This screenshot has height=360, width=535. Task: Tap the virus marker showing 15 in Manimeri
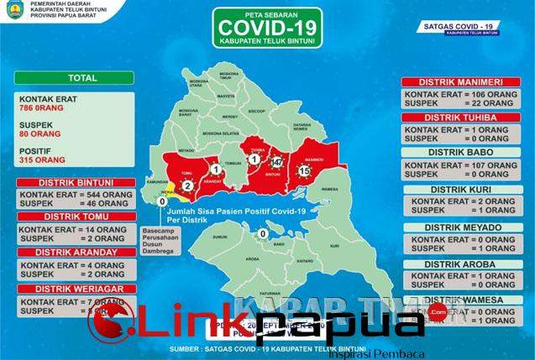pos(305,171)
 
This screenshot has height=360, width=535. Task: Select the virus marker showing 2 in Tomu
pos(188,185)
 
